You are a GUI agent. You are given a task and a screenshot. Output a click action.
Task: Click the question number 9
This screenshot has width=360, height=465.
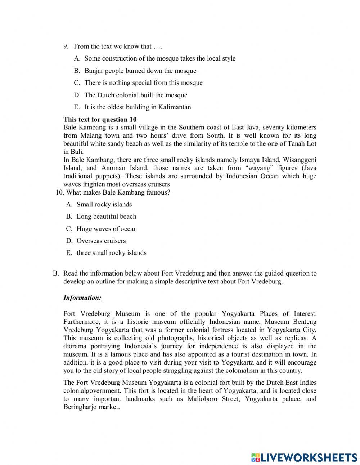pos(66,46)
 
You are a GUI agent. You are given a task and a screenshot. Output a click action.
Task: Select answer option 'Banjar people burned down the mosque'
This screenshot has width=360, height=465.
pos(140,71)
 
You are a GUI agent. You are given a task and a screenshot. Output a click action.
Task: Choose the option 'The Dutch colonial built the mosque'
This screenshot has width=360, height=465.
pos(136,95)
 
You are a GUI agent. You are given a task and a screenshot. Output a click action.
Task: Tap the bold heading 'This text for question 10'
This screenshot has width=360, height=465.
pos(100,119)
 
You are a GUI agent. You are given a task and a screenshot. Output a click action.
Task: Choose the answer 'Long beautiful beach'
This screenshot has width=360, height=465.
pos(106,216)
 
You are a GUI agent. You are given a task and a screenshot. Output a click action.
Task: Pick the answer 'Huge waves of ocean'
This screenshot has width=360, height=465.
pos(107,229)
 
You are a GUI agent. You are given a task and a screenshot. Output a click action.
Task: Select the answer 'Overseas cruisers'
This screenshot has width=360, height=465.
pos(101,241)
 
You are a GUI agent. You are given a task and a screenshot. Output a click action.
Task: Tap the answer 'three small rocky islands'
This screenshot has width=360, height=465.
pos(111,253)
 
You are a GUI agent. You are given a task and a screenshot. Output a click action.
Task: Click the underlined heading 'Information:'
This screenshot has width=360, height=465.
pos(82,298)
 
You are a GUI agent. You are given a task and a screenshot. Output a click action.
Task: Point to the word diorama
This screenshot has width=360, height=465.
pos(75,346)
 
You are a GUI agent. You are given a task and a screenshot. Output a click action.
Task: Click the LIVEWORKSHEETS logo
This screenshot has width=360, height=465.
pos(304,457)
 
